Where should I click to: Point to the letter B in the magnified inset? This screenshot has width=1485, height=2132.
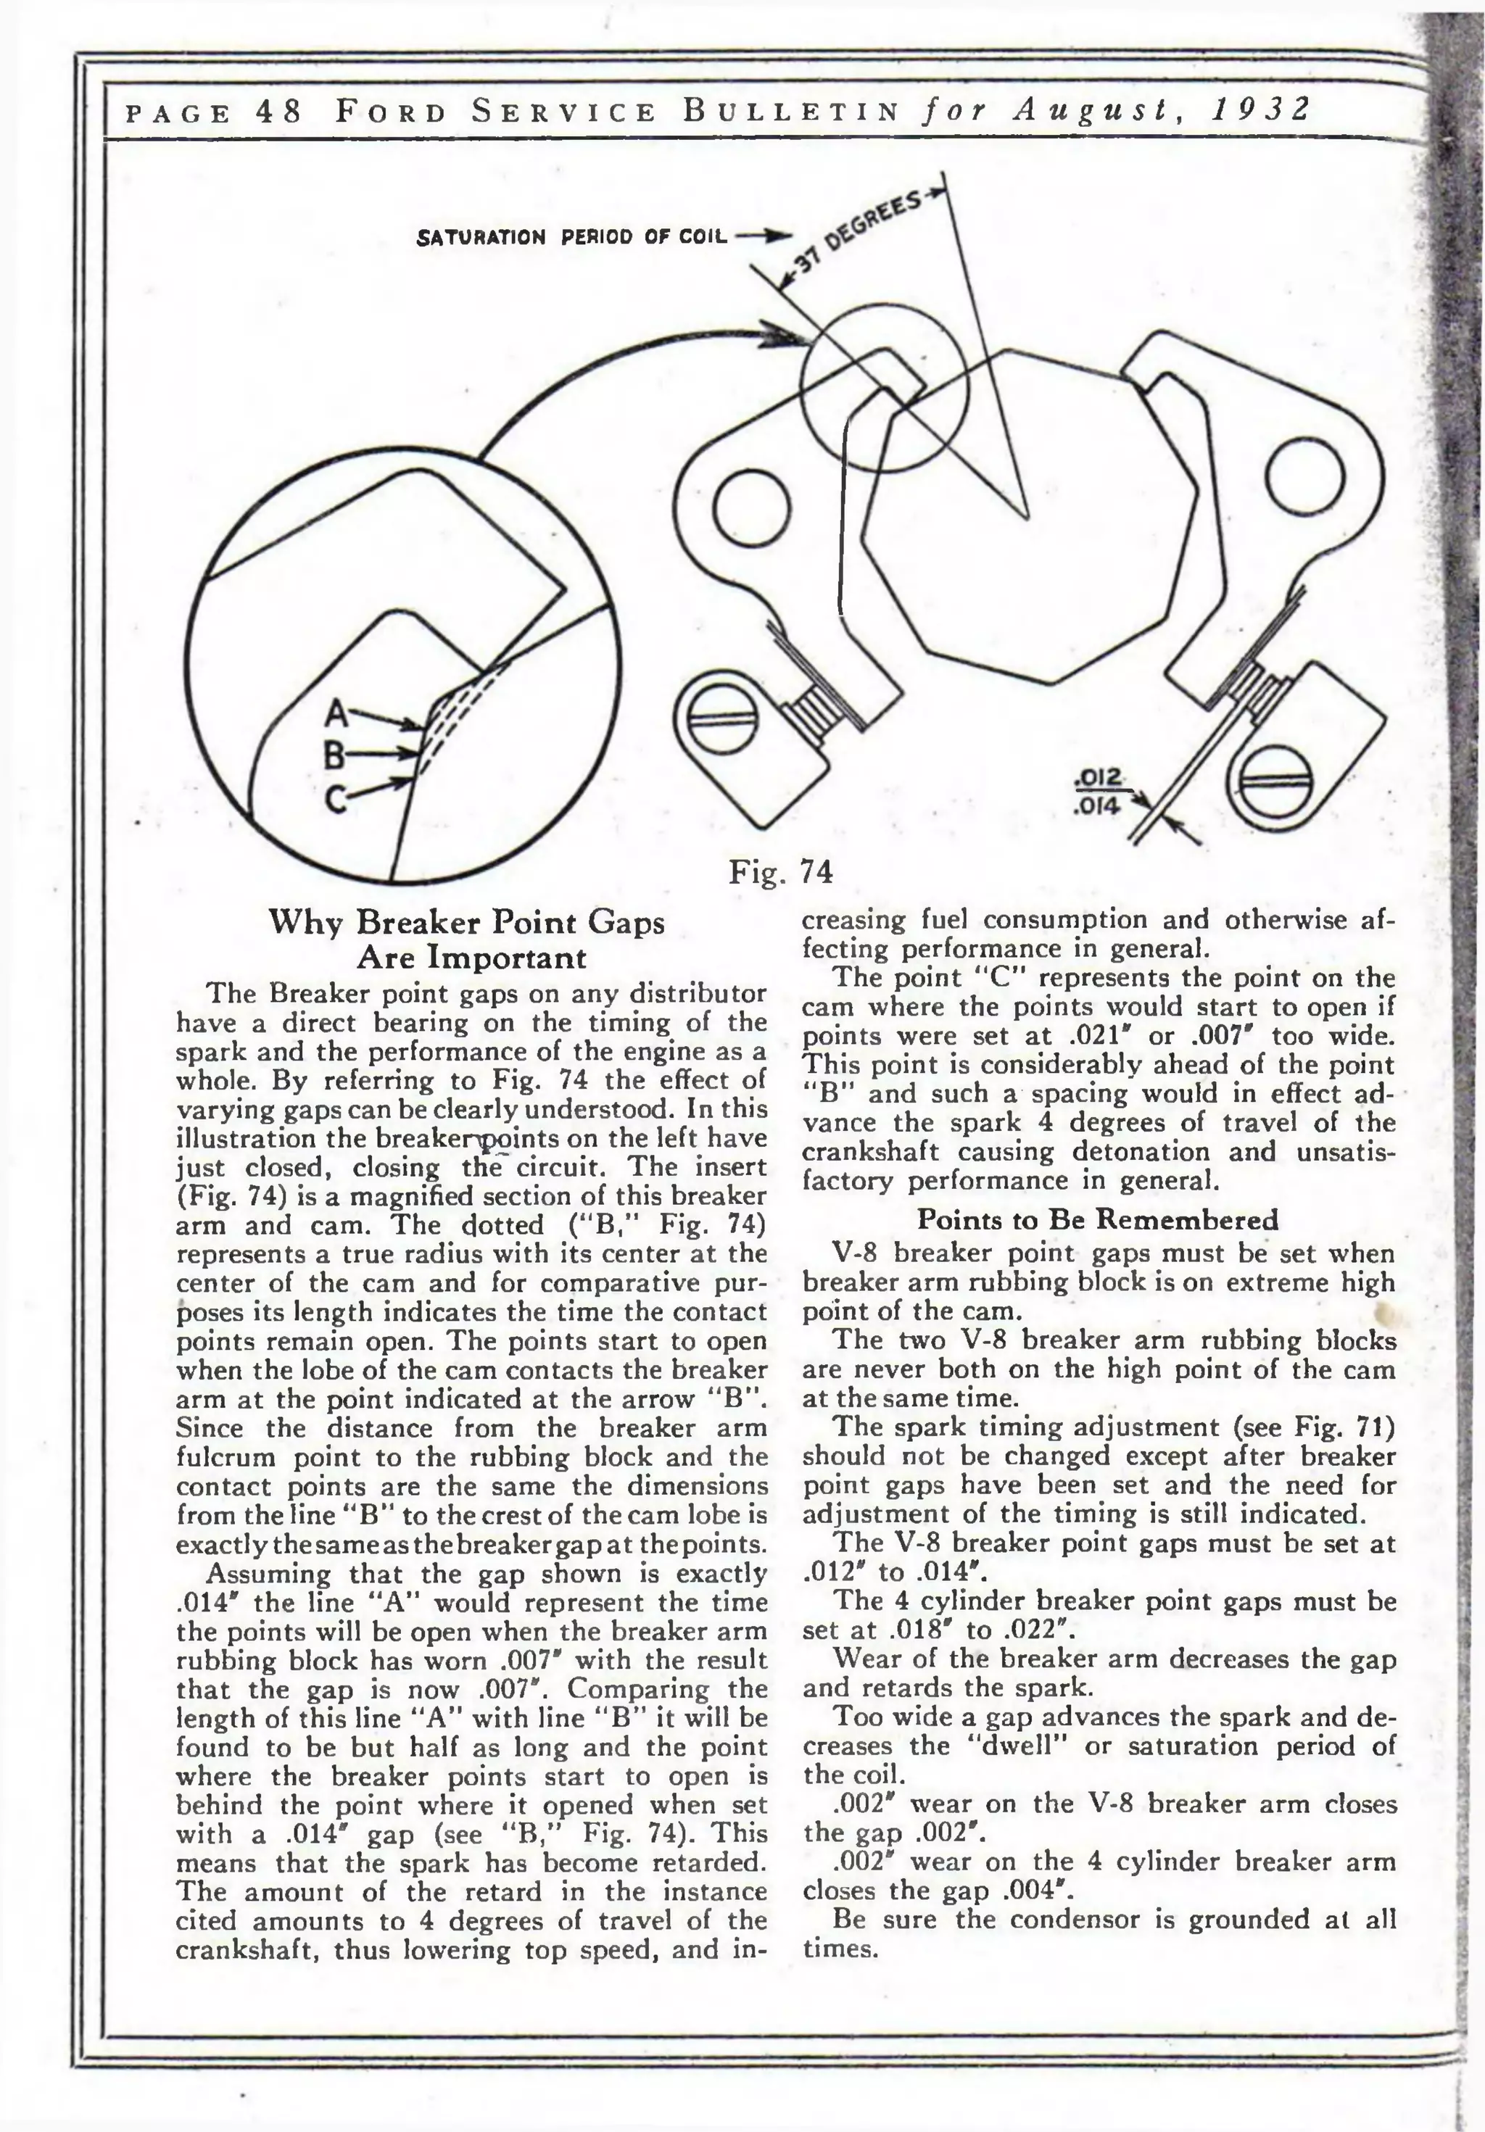pyautogui.click(x=334, y=755)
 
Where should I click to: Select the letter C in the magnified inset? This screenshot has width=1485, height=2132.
pyautogui.click(x=337, y=797)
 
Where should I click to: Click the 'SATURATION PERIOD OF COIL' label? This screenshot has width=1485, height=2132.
pyautogui.click(x=572, y=237)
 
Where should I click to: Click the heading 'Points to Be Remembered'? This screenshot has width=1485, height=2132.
pyautogui.click(x=1098, y=1219)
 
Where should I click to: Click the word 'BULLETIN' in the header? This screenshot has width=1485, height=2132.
pyautogui.click(x=791, y=112)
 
